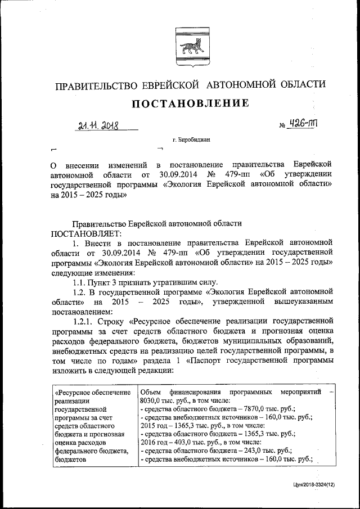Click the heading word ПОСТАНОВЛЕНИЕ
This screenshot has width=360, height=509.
pos(190,103)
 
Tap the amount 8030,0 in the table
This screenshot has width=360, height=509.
pos(152,401)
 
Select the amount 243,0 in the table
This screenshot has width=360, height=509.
pos(244,451)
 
